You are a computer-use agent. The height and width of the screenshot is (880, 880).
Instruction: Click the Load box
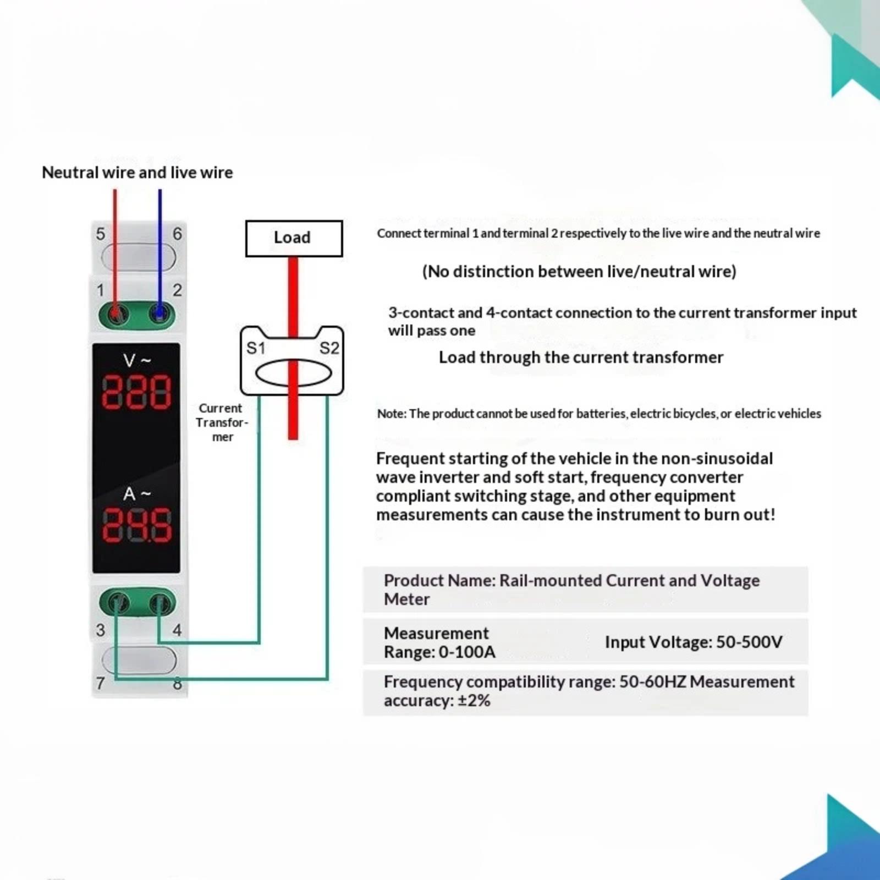(x=294, y=238)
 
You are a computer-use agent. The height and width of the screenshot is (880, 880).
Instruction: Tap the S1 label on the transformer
(x=256, y=348)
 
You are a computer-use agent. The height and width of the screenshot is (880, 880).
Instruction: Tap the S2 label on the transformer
(x=329, y=348)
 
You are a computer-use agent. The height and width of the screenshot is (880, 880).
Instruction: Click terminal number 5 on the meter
(x=100, y=234)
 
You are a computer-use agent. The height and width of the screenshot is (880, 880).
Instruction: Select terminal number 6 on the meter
(x=177, y=234)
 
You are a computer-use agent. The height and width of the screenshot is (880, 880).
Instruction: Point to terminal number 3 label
(x=100, y=630)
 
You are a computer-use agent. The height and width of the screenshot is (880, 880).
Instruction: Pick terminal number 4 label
(x=177, y=630)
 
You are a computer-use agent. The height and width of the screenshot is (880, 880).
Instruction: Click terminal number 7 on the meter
(x=100, y=683)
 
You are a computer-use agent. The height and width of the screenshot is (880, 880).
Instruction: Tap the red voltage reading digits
(x=136, y=393)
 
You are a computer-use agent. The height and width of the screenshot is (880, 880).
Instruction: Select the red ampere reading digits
(x=136, y=525)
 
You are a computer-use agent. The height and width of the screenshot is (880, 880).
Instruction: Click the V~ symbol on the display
(x=137, y=360)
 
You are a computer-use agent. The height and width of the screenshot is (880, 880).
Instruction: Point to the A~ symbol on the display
(x=137, y=493)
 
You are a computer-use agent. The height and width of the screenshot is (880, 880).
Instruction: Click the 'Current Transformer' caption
(x=222, y=422)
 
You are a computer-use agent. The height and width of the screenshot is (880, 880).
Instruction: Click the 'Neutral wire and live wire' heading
(x=137, y=173)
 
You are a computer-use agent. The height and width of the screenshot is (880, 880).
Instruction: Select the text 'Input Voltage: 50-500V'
(x=694, y=642)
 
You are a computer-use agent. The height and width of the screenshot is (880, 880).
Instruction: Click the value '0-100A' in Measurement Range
(x=467, y=652)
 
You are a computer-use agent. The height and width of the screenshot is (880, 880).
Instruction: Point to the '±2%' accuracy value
(x=474, y=701)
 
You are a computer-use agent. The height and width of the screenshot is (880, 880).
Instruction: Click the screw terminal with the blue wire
(x=159, y=315)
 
